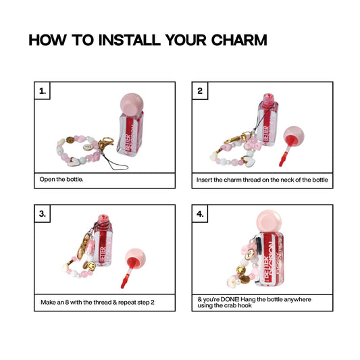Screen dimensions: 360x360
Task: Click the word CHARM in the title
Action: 239,40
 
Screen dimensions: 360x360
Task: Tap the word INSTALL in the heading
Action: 129,40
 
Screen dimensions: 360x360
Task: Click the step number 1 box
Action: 43,91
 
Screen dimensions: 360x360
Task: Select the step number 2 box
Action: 200,91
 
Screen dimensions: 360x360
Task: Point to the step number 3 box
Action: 43,213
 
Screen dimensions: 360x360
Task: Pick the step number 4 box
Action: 200,213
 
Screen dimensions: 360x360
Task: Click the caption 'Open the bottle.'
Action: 61,179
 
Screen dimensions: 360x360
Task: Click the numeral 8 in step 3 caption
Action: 67,302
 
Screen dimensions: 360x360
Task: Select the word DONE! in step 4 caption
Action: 230,299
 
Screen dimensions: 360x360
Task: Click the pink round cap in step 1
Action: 132,104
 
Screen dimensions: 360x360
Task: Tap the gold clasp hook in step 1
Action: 105,143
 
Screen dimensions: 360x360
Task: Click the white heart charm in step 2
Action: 249,161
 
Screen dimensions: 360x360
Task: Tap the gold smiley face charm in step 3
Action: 91,266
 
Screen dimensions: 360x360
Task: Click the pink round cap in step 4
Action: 269,222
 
